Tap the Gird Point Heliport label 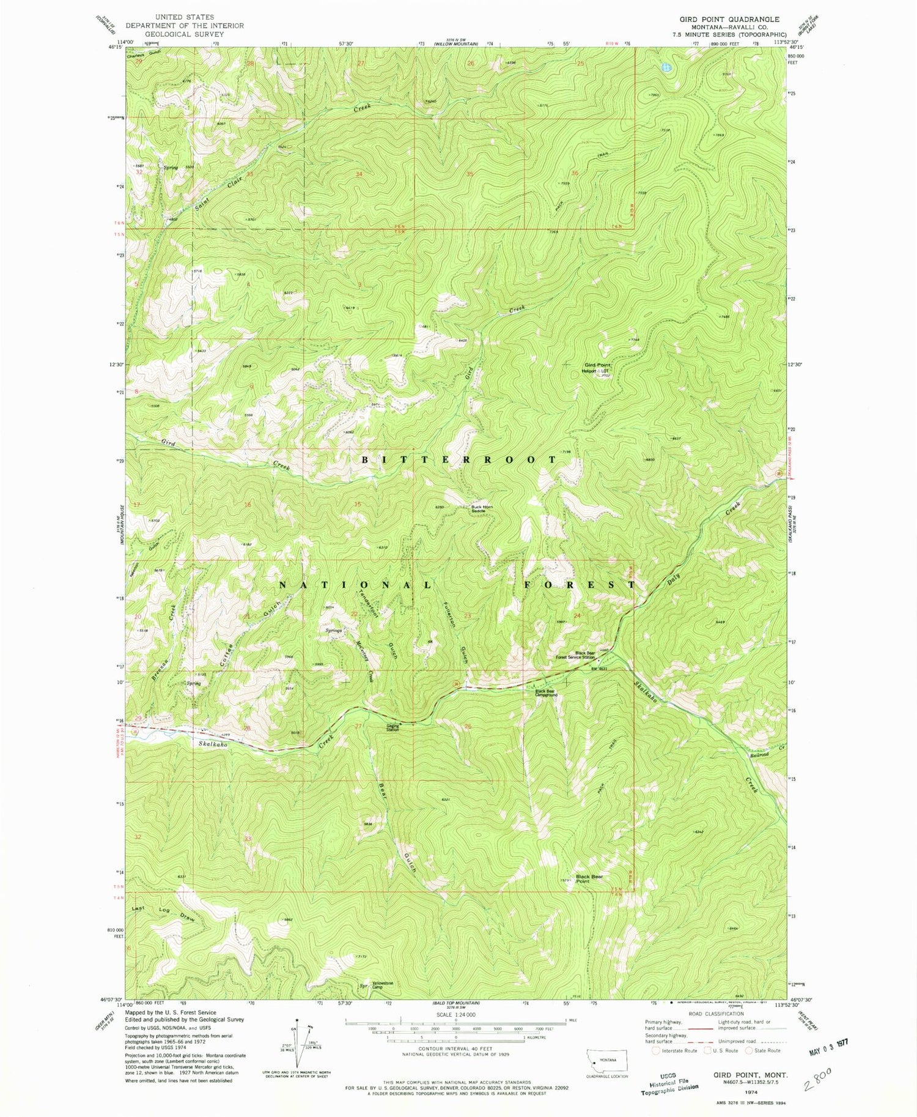pyautogui.click(x=595, y=368)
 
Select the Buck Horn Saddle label pyautogui.click(x=482, y=508)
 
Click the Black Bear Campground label pyautogui.click(x=546, y=693)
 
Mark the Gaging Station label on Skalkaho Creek pyautogui.click(x=392, y=728)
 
